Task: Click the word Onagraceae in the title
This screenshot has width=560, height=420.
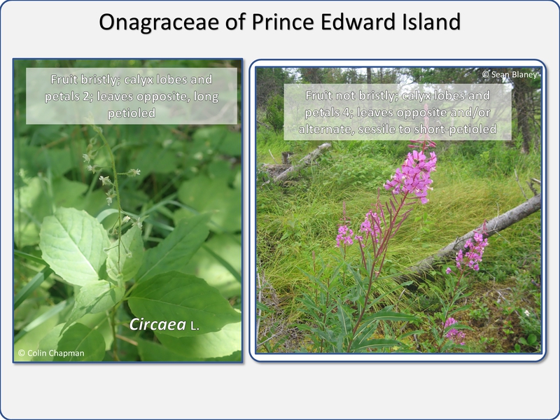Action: coord(159,22)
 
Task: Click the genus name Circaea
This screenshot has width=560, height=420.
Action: coord(157,324)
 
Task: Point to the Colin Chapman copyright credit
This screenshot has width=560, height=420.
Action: coord(51,353)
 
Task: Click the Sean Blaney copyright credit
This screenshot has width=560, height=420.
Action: coord(510,74)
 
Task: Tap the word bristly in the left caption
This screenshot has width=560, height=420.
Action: coord(100,79)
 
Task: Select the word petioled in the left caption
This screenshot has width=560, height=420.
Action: coord(132,113)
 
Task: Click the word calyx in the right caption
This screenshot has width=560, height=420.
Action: coord(415,96)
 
